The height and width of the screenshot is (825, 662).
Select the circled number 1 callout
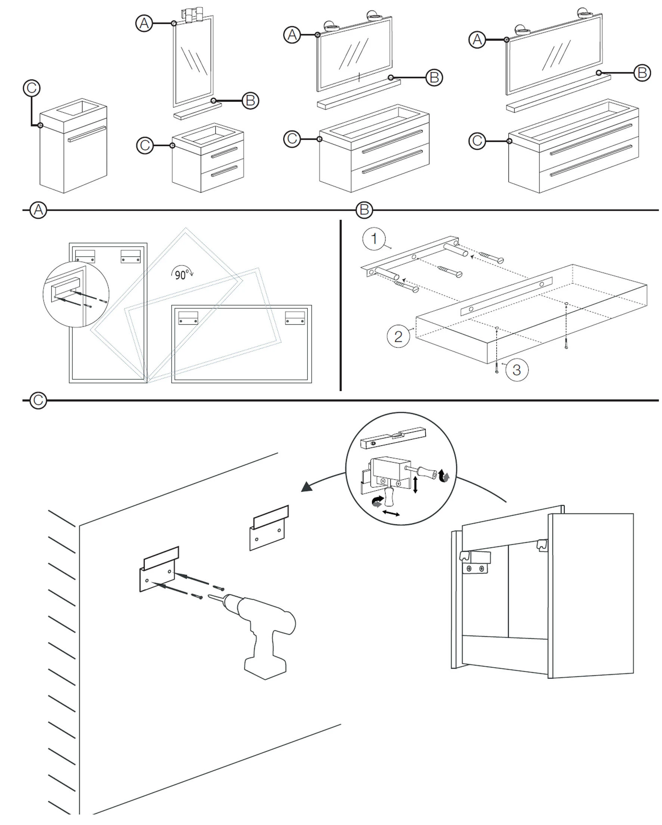[374, 239]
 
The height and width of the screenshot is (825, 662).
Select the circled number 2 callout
[398, 336]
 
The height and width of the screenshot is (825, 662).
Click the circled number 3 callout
[516, 370]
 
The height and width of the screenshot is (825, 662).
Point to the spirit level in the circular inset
[393, 438]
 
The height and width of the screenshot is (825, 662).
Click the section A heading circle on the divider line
[38, 210]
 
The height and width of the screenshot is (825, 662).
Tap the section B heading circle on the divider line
[364, 210]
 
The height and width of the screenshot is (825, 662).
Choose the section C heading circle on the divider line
[38, 400]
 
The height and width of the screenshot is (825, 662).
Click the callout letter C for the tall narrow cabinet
[32, 88]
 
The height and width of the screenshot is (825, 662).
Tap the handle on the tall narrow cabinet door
[87, 134]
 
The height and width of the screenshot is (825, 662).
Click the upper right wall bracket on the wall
[269, 528]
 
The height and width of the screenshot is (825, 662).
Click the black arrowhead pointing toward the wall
[307, 487]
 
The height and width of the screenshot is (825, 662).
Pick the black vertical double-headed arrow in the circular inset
[415, 485]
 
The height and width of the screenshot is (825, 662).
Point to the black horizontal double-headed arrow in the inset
[391, 513]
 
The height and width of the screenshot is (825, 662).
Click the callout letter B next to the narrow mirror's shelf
[251, 101]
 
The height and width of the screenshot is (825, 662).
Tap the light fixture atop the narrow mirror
[194, 15]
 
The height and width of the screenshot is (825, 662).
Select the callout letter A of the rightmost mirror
[477, 40]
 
